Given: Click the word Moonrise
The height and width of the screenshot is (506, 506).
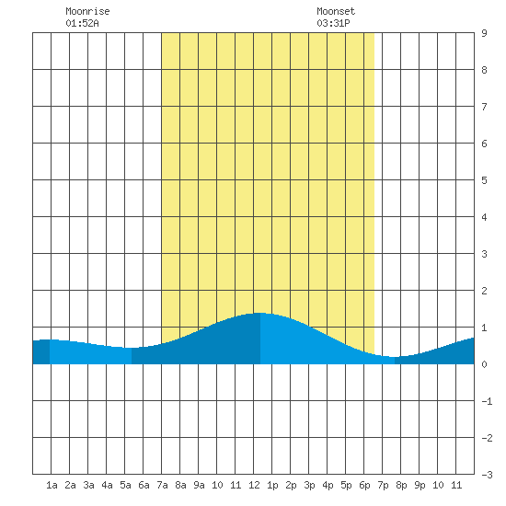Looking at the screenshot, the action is [x=87, y=11].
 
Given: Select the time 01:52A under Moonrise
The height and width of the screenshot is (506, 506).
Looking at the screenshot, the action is [x=82, y=23].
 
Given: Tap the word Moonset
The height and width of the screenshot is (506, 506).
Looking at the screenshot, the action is [x=336, y=11].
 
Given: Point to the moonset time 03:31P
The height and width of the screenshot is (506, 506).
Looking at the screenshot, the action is [x=333, y=23].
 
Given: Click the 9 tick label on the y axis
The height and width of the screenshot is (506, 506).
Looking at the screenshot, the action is [x=484, y=33].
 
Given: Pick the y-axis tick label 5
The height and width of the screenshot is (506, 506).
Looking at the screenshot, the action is [x=484, y=180].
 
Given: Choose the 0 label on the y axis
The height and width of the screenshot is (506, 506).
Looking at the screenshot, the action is [x=484, y=364].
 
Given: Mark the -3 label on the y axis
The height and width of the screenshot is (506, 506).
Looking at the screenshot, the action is [x=487, y=475].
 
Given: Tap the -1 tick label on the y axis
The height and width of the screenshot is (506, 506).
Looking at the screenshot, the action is [x=487, y=401].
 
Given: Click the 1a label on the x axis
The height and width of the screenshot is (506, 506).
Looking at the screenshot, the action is [x=52, y=485].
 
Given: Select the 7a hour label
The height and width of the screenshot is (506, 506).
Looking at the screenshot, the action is [x=162, y=485].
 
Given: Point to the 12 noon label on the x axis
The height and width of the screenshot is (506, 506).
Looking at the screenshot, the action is [x=254, y=485].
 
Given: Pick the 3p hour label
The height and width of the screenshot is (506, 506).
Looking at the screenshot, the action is [x=309, y=485].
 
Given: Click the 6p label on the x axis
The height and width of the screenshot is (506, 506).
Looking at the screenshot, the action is [x=364, y=485].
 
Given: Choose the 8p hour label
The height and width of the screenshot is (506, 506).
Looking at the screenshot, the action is [x=401, y=485].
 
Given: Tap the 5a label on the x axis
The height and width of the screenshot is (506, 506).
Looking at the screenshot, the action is [x=125, y=485].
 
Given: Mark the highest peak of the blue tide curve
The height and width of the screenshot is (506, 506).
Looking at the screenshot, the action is [x=259, y=313].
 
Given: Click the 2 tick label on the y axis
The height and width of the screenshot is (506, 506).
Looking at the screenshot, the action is [x=484, y=291].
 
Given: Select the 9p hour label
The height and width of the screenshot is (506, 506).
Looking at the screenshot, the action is [x=420, y=485].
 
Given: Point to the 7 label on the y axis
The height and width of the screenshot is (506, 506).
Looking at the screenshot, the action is [x=484, y=107].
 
